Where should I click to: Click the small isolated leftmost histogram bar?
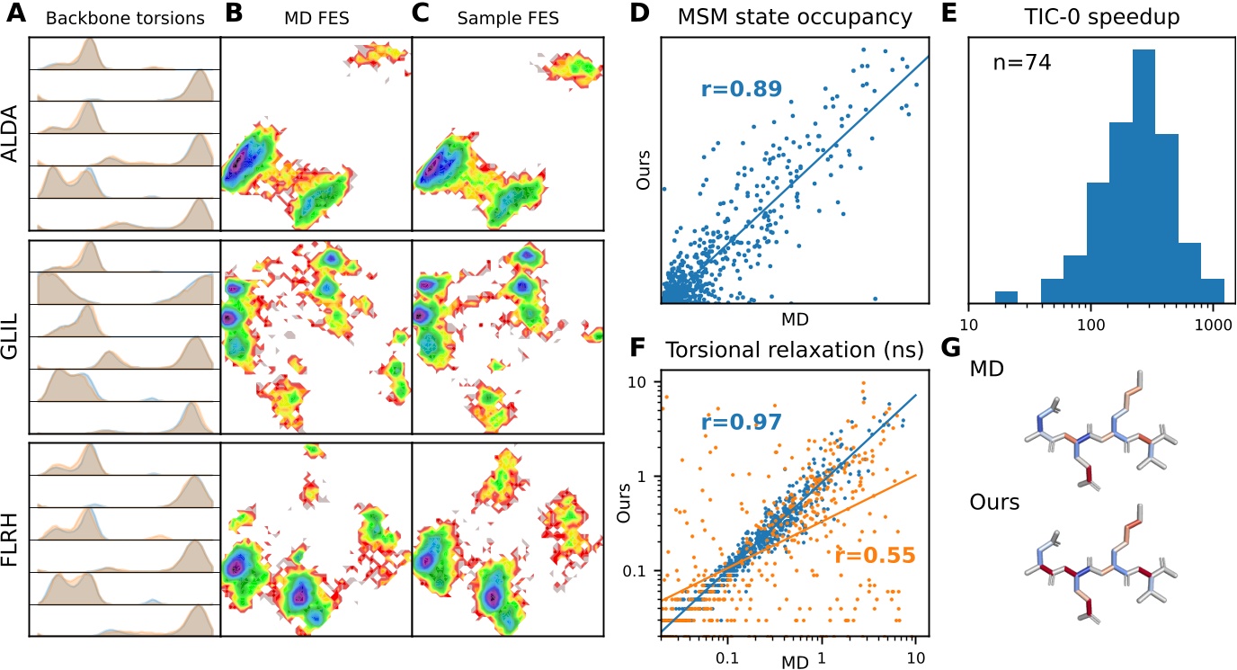pos(1006,297)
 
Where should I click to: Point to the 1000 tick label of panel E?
pos(1213,320)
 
